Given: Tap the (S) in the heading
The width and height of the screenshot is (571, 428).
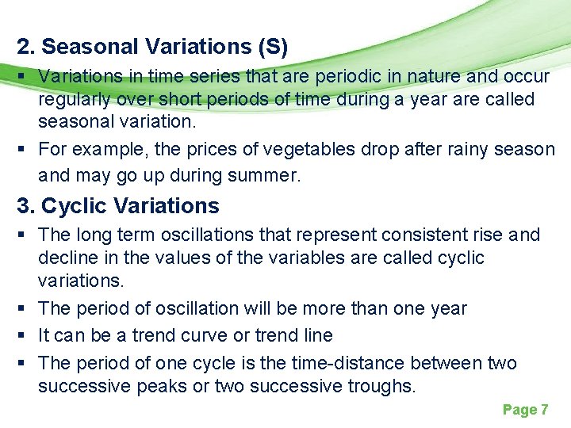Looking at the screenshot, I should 273,47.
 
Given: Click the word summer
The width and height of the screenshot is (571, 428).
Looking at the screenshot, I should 265,175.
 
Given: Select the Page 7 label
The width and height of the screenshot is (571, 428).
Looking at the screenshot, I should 525,410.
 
